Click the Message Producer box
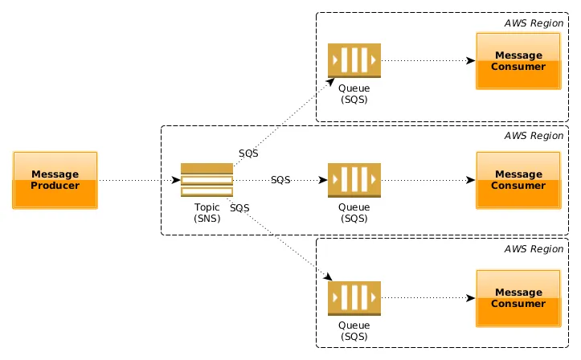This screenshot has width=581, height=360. [x=55, y=180]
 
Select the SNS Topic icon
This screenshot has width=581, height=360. [x=207, y=180]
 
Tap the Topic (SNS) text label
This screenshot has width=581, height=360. [x=207, y=212]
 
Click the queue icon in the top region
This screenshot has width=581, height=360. [x=354, y=60]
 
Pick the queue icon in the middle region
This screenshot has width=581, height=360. [x=354, y=180]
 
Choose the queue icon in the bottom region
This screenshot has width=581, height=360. [x=354, y=298]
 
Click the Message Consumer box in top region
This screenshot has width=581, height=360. [x=518, y=61]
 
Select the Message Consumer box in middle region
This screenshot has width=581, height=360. [x=518, y=180]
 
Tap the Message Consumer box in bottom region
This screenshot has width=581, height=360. [x=518, y=298]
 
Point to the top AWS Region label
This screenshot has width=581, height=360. [x=534, y=22]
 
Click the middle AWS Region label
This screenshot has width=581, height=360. [x=534, y=136]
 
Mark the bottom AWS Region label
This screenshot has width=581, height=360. [x=534, y=249]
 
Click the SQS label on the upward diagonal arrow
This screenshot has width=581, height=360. [x=248, y=153]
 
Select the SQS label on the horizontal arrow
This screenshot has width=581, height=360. [x=280, y=180]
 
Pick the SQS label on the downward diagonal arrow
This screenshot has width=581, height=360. [x=239, y=208]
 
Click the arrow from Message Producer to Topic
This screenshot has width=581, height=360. [x=138, y=180]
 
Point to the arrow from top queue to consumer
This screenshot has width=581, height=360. [x=426, y=60]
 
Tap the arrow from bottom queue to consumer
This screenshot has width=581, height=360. [x=426, y=298]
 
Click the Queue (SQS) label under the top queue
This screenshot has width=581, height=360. [x=354, y=93]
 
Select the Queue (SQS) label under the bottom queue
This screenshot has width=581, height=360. [x=354, y=330]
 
